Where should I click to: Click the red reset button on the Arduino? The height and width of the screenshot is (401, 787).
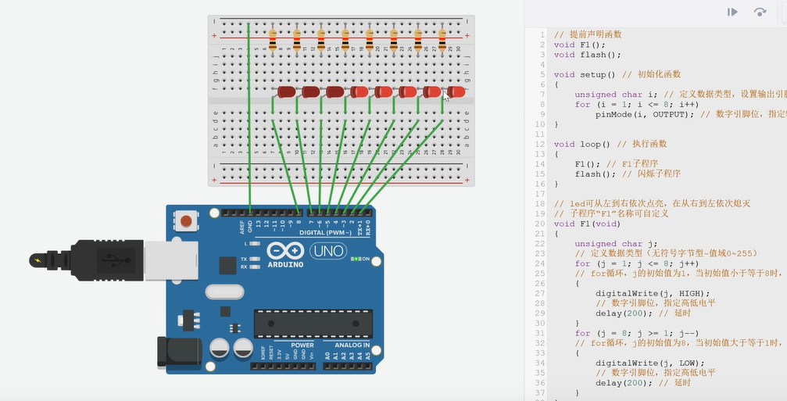(186, 221)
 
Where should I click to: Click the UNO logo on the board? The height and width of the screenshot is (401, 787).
(328, 252)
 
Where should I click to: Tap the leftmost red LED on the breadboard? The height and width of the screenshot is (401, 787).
(286, 92)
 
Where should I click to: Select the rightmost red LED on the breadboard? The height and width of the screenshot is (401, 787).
(456, 92)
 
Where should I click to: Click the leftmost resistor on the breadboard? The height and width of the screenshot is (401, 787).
(273, 38)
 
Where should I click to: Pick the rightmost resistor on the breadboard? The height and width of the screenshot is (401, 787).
(442, 38)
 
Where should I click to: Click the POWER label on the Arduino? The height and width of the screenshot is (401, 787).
(302, 345)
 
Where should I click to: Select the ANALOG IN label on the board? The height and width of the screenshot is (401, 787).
(352, 345)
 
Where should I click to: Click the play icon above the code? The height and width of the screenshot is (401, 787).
(732, 12)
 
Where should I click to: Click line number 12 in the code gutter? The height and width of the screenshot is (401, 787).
(540, 145)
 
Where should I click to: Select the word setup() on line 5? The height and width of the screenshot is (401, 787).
(597, 75)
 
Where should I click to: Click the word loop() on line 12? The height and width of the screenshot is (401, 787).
(594, 145)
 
